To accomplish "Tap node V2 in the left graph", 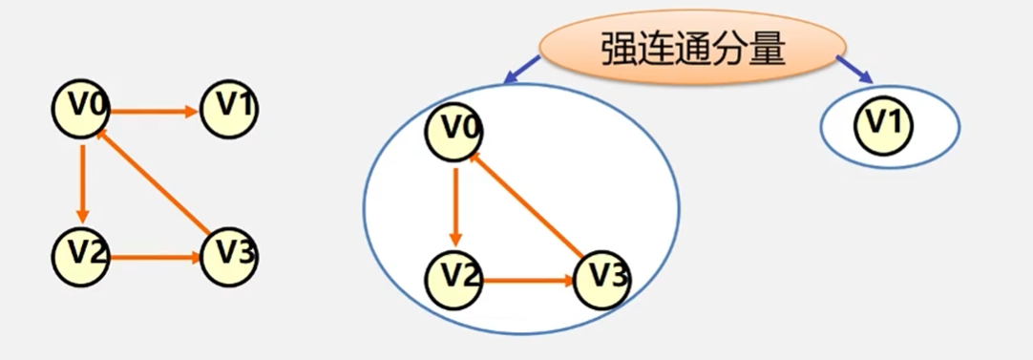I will point(81,255).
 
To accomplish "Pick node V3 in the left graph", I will point(229,255).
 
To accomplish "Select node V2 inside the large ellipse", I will point(454,280).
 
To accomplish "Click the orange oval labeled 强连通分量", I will point(692,50).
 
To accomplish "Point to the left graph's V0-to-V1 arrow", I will point(153,111).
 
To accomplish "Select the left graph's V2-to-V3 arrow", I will point(155,257).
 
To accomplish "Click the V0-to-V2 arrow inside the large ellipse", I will point(456,206).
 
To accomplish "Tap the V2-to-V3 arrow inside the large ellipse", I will point(528,282).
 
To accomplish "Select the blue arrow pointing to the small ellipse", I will point(854,70).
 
